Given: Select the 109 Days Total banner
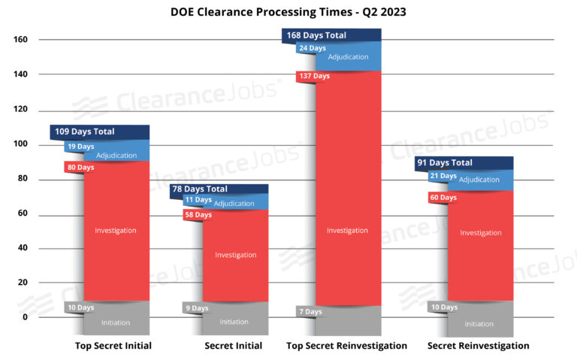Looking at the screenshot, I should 85,132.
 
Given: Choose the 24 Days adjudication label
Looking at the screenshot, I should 313,48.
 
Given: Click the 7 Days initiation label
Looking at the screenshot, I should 309,311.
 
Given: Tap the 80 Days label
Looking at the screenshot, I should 80,167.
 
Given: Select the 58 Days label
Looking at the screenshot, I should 198,215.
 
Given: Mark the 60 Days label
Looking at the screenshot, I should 443,198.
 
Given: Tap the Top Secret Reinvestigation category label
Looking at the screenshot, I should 347,346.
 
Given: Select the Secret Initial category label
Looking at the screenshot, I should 234,346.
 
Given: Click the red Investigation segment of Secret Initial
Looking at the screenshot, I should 235,256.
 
